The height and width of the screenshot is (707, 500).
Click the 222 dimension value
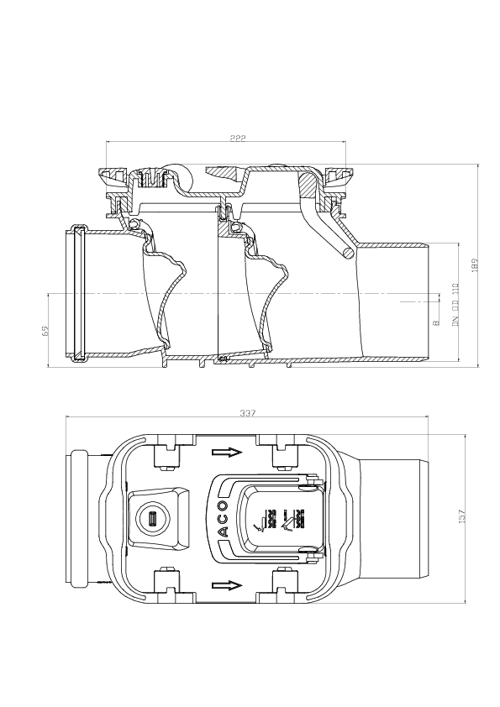[x=237, y=139]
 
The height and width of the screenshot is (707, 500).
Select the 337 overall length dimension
[x=248, y=413]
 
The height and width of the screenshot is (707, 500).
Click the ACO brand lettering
[x=224, y=520]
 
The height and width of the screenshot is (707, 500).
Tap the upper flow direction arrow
[x=225, y=453]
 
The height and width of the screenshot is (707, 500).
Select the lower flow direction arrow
[x=225, y=585]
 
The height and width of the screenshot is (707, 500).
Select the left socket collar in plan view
[x=78, y=518]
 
